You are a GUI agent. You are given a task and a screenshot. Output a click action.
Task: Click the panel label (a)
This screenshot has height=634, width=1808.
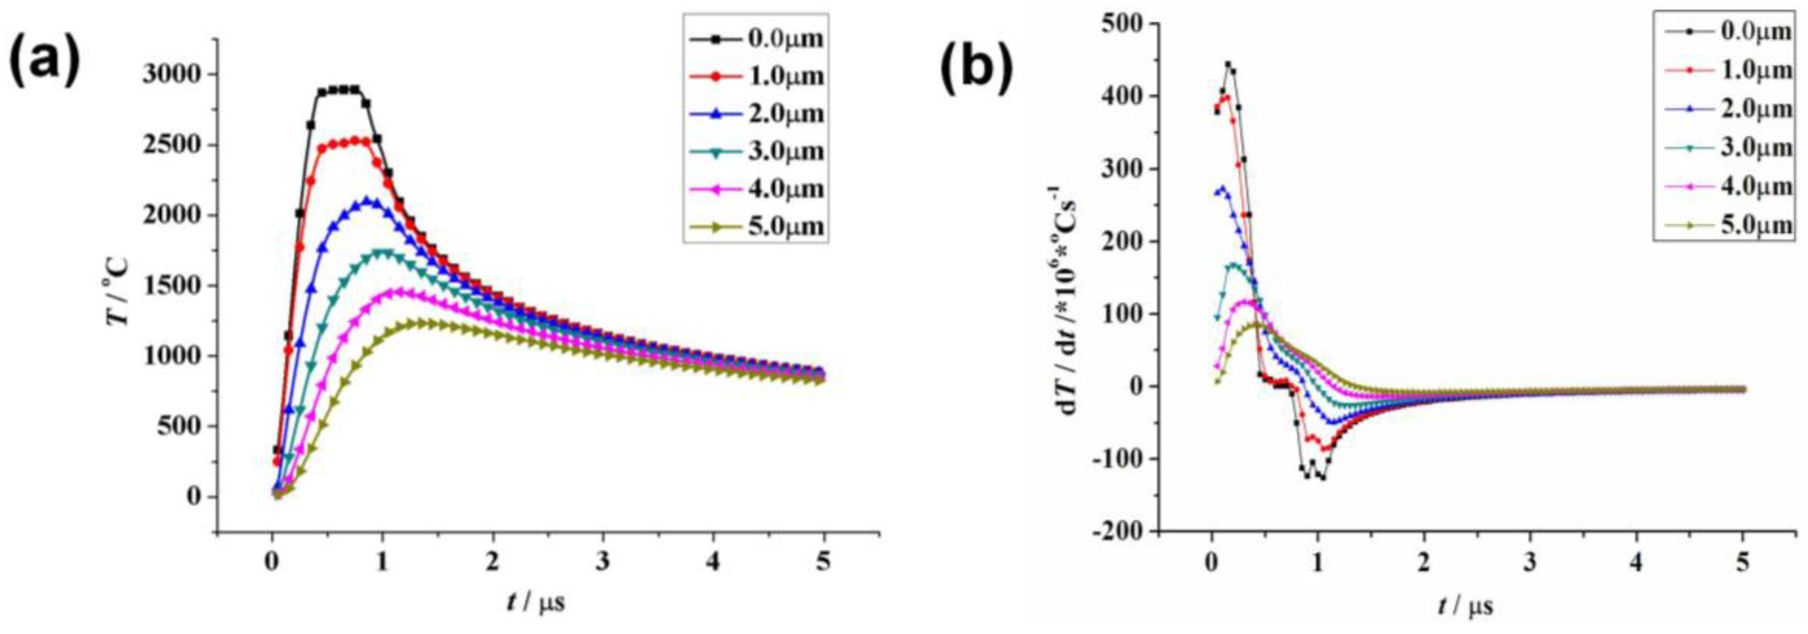[x=44, y=63]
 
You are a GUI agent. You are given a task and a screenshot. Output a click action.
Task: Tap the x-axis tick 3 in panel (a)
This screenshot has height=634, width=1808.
[x=603, y=564]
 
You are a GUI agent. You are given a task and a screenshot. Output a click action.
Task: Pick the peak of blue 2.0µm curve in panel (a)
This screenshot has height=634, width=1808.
[x=367, y=202]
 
